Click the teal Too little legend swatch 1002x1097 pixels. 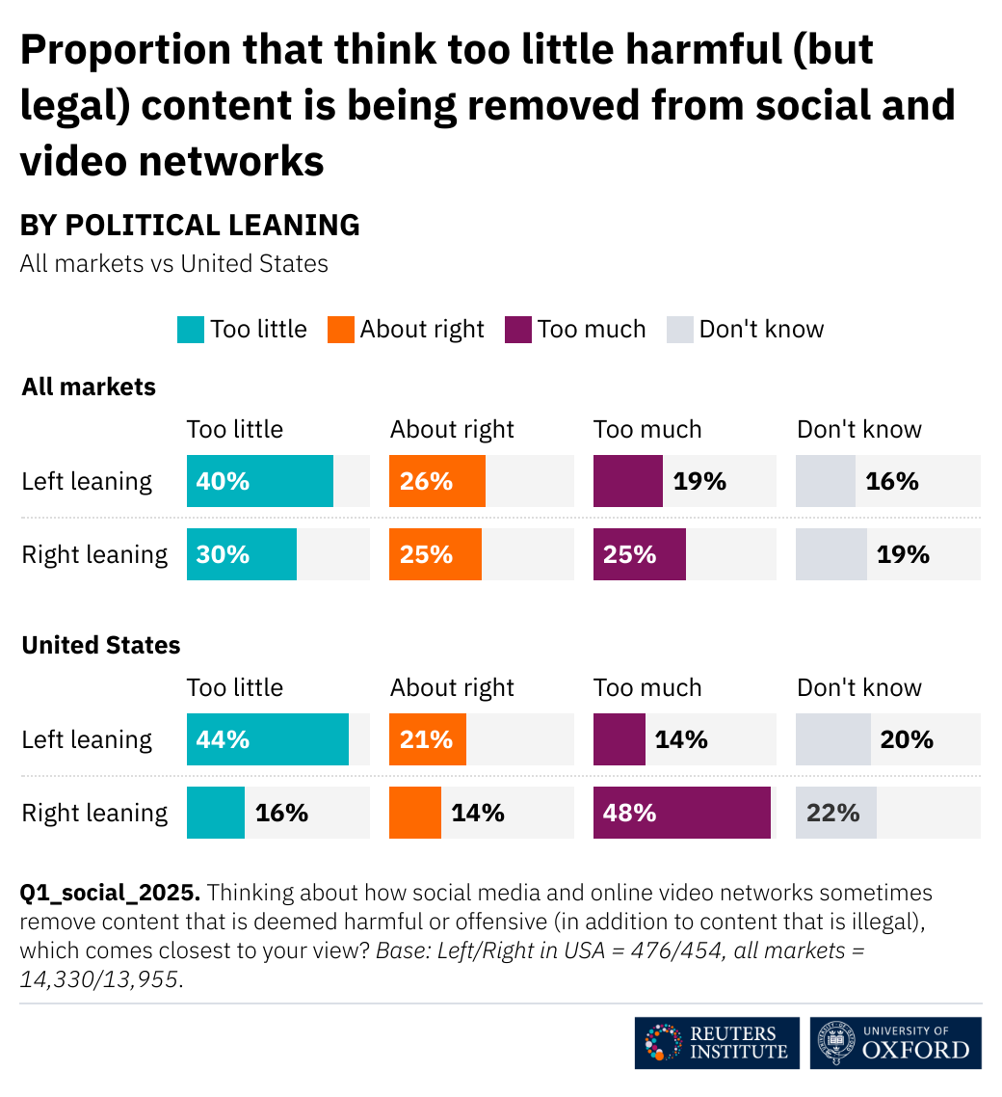(x=191, y=330)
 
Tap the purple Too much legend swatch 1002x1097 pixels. (x=518, y=330)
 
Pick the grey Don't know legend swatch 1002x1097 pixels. (x=680, y=330)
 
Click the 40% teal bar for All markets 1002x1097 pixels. (x=260, y=481)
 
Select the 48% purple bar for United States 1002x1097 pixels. (x=682, y=813)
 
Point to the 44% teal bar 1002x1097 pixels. (x=268, y=739)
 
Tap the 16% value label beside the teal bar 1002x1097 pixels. (x=281, y=813)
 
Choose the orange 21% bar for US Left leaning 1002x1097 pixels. (x=428, y=739)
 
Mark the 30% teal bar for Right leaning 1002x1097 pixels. (x=242, y=554)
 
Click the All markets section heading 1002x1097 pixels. (x=89, y=388)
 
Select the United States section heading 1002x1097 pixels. (x=101, y=645)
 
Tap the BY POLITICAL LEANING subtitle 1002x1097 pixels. (x=190, y=226)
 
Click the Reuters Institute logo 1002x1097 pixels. (x=717, y=1042)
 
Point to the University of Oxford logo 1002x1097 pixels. (x=895, y=1042)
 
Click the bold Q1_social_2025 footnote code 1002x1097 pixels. (x=109, y=893)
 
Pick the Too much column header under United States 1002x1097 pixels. (x=647, y=687)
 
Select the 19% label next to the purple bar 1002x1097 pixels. (x=699, y=481)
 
